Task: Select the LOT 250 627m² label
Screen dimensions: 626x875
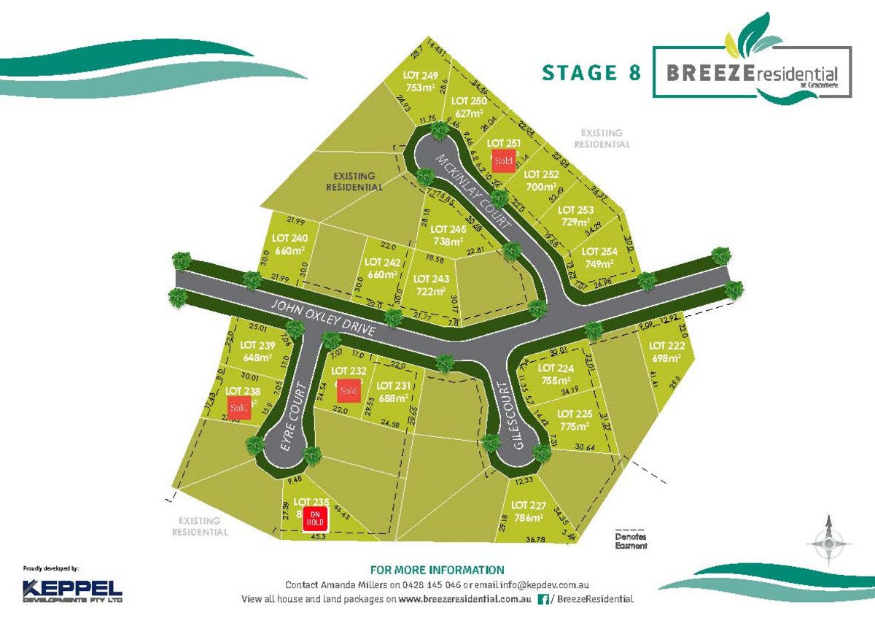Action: point(469,107)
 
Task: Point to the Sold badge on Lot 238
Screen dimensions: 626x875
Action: point(238,408)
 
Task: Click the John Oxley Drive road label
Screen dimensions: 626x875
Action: point(321,318)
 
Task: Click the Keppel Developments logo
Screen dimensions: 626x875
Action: point(72,590)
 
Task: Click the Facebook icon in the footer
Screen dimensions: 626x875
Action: point(542,599)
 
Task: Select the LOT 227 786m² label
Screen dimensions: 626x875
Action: point(529,511)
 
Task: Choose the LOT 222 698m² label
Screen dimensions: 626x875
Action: point(666,352)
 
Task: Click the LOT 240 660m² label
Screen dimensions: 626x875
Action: point(289,244)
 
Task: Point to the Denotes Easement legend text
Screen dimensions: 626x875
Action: point(631,541)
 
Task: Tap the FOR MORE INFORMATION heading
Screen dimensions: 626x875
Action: point(437,570)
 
